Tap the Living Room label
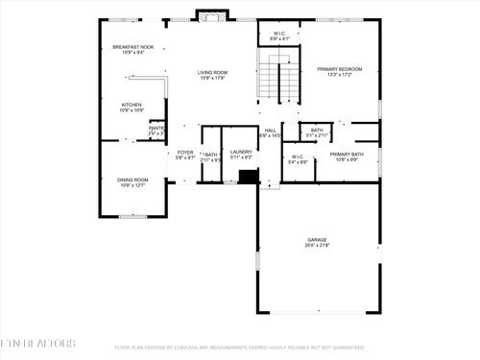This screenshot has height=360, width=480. click(212, 72)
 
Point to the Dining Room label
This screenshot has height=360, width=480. click(132, 179)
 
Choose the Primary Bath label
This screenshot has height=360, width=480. click(346, 154)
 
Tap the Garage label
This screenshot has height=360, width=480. click(317, 239)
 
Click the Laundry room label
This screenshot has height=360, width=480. click(241, 152)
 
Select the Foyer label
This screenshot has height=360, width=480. click(185, 152)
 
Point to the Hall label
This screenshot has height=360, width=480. click(271, 130)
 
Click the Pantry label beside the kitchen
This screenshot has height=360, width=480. click(156, 128)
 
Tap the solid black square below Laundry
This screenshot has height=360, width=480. click(249, 177)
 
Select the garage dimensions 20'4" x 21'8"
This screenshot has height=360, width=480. click(317, 246)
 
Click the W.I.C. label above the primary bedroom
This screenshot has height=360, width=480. click(279, 35)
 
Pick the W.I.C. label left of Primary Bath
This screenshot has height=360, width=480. click(298, 156)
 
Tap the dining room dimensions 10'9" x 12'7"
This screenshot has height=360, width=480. click(132, 185)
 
